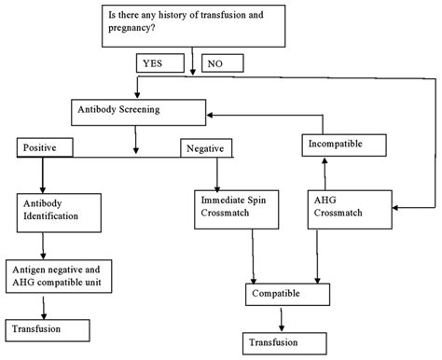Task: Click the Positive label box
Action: tap(42, 149)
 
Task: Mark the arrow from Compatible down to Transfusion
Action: tap(282, 318)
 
